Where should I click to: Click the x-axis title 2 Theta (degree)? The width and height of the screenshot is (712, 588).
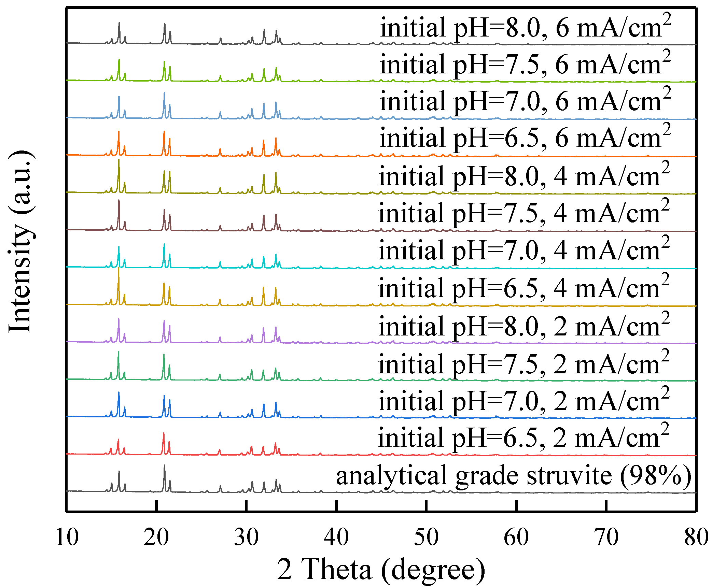tap(381, 570)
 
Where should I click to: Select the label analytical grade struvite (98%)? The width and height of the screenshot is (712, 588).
tap(514, 476)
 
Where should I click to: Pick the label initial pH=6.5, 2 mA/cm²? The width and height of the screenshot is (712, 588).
tap(523, 438)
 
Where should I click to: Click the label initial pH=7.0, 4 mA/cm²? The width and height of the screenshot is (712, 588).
tap(524, 251)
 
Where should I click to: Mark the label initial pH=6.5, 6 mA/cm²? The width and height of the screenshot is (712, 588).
tap(525, 139)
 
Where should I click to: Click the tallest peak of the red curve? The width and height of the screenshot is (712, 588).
tap(164, 433)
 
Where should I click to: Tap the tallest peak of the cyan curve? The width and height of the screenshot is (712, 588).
tap(164, 244)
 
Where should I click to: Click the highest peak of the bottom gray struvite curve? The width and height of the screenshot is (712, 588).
tap(164, 465)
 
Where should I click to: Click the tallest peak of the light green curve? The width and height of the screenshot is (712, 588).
tap(119, 60)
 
